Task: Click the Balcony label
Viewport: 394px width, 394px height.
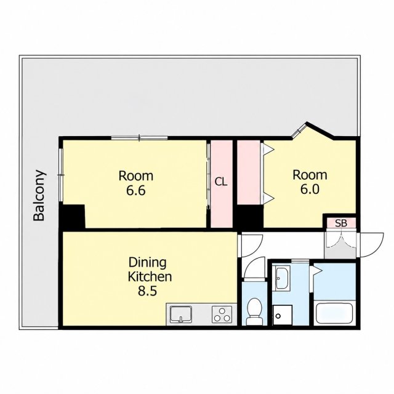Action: [x=39, y=196]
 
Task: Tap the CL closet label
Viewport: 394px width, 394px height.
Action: [x=221, y=182]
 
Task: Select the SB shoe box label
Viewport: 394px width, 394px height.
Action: [x=341, y=223]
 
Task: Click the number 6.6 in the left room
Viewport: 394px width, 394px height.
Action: [x=135, y=190]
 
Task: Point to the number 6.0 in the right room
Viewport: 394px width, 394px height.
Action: [x=310, y=189]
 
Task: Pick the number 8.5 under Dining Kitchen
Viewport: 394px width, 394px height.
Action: [x=147, y=291]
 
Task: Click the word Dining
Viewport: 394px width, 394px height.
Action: [x=148, y=263]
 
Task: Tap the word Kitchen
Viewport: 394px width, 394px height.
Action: [x=150, y=276]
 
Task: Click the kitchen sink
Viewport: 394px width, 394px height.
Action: [x=180, y=314]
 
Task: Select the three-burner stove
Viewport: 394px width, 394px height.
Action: [x=222, y=314]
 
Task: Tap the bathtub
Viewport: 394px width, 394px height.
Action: [x=334, y=313]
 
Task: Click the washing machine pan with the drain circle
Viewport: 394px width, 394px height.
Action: [x=283, y=315]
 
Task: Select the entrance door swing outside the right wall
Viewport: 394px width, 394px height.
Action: [x=371, y=245]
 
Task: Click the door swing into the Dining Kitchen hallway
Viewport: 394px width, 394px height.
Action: [x=251, y=245]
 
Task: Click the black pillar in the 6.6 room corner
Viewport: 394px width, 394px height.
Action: [x=72, y=217]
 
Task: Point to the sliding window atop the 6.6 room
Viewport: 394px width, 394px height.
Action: [x=140, y=137]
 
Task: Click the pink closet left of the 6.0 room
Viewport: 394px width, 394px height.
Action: [x=249, y=172]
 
